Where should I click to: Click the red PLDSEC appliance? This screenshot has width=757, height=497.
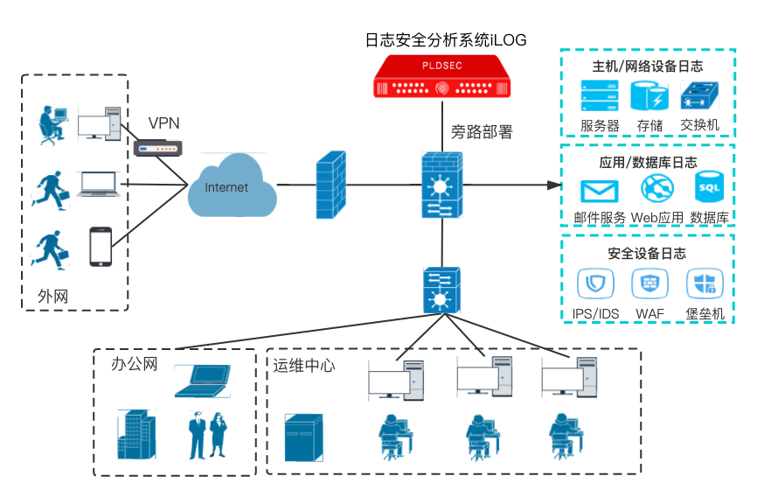[442, 76]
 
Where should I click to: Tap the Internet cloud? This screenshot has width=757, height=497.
[230, 185]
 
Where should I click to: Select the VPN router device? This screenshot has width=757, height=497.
[156, 148]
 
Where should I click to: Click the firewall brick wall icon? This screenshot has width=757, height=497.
[330, 185]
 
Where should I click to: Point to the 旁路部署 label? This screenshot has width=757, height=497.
[482, 132]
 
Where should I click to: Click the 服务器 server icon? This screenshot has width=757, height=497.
[600, 96]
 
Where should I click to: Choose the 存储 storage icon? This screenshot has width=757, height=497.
[649, 96]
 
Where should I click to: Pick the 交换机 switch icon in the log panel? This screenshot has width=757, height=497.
[699, 95]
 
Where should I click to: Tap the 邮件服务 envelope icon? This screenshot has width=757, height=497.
[600, 190]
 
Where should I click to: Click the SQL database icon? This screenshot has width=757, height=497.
[708, 188]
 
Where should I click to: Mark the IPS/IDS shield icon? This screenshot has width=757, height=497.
[595, 283]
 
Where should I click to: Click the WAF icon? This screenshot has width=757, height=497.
[649, 283]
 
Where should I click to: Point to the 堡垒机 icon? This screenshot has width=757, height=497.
[705, 283]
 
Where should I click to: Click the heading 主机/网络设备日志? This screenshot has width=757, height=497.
[647, 66]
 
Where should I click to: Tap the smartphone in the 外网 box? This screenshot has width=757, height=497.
[101, 247]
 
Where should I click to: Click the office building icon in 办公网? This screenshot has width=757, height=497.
[135, 434]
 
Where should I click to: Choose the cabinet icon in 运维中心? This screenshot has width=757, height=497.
[303, 438]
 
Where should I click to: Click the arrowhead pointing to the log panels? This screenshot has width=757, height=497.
[552, 185]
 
